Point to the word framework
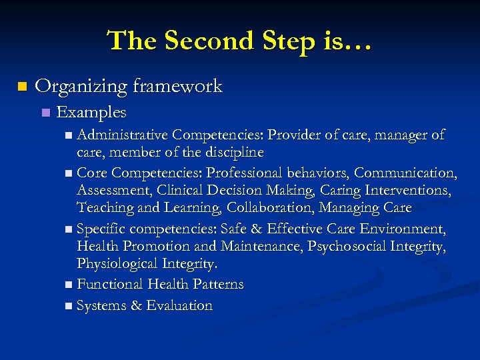tap(177, 86)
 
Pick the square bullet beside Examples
tap(45, 113)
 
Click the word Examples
tap(92, 112)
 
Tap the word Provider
tap(295, 135)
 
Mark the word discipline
tap(231, 153)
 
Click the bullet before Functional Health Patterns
tap(70, 285)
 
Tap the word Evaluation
tap(179, 306)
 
